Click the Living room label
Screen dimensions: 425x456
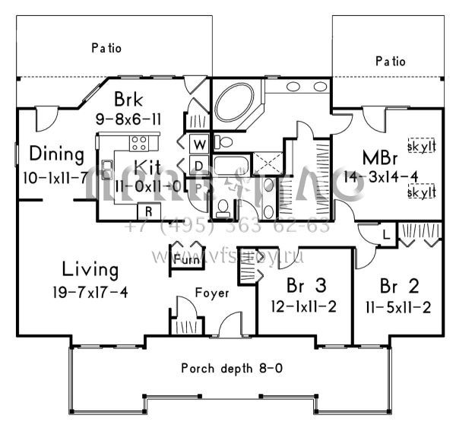(x=90, y=269)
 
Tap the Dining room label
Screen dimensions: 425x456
(x=56, y=154)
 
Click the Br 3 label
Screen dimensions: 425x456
(x=302, y=287)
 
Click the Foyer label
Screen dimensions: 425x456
(x=211, y=293)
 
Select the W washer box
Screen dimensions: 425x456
(x=197, y=144)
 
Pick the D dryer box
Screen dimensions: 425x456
(x=197, y=165)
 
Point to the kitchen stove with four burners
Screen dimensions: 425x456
(x=139, y=142)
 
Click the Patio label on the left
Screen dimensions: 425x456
(x=106, y=48)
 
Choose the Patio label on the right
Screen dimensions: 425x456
(x=390, y=61)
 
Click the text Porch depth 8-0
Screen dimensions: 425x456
(x=232, y=369)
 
